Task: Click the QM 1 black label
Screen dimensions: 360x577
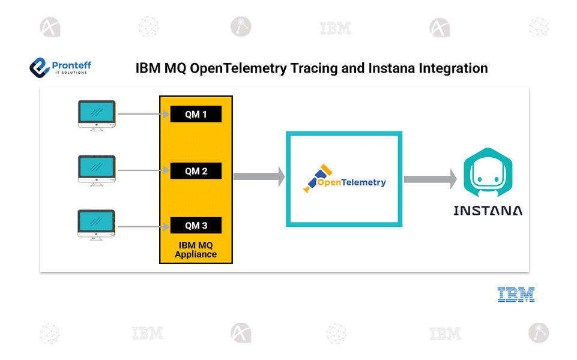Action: point(196,114)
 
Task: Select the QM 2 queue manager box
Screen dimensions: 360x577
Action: point(196,171)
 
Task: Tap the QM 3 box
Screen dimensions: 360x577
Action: point(196,226)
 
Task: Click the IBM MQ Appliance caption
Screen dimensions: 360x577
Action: point(196,250)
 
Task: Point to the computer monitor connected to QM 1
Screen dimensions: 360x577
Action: point(96,115)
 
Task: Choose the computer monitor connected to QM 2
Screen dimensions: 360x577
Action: point(96,170)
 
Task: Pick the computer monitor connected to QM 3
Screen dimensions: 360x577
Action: point(96,225)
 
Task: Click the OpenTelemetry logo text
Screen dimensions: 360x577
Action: point(351,182)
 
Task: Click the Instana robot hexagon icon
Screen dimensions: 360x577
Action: point(488,174)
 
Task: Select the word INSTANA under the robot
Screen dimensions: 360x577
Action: point(488,211)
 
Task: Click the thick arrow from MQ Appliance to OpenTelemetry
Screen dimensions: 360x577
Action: point(258,176)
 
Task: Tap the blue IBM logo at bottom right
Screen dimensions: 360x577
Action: point(516,295)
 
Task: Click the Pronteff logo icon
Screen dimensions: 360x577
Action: point(39,67)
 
